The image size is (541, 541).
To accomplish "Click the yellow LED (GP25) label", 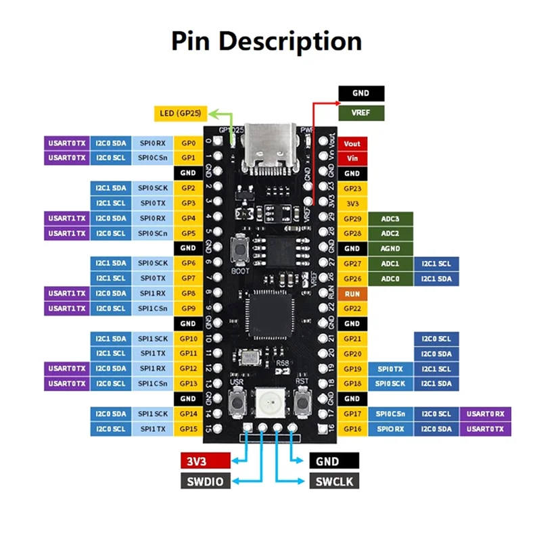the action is tap(181, 114).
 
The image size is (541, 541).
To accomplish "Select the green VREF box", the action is tap(361, 113).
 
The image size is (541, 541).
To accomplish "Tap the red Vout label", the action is tap(352, 143).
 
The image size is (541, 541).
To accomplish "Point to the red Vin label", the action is tap(352, 158).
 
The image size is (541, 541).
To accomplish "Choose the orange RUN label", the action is tap(352, 293).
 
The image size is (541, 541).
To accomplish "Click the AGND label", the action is tap(390, 248).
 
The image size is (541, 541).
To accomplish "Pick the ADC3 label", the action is tap(390, 218).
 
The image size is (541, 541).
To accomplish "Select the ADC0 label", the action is tap(390, 279).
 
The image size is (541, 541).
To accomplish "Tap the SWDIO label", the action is tap(206, 481).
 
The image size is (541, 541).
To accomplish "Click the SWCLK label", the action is tap(334, 481).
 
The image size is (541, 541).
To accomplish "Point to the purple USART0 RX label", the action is tap(485, 414).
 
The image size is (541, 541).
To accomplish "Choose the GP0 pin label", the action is tap(188, 143).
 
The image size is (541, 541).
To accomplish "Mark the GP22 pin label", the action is tap(352, 308).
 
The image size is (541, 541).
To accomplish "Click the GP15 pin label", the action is tap(188, 429).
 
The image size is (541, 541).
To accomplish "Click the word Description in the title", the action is tap(290, 42).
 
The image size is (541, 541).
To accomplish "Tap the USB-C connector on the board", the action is tap(270, 147).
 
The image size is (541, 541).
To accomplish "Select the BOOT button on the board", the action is tap(240, 249).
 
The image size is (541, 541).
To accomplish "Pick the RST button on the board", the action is tap(302, 402).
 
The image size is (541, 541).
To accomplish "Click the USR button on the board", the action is tap(237, 402).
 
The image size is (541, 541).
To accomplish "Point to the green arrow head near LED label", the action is tap(213, 114).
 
